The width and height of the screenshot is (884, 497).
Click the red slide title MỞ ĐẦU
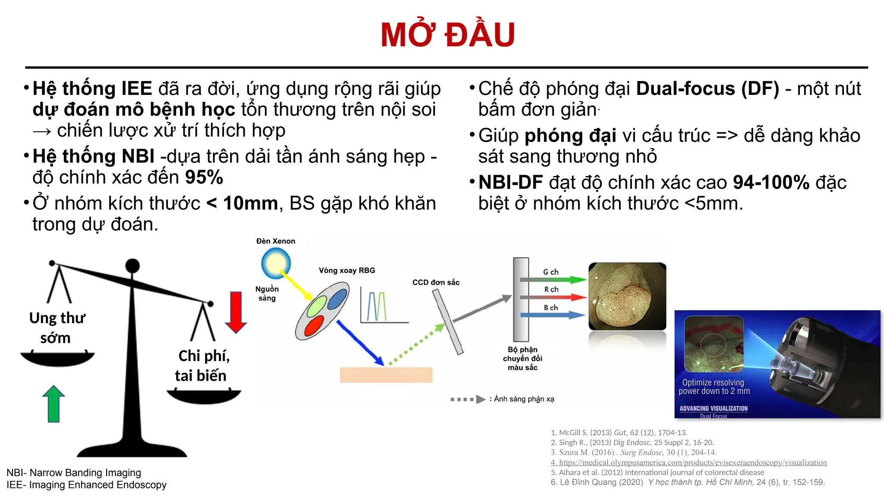click(x=448, y=35)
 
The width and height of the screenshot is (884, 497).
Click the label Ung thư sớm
click(x=57, y=327)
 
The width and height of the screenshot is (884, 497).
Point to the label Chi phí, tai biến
click(x=202, y=365)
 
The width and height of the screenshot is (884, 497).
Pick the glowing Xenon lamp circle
click(x=276, y=264)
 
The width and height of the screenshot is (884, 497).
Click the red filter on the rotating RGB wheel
click(x=314, y=326)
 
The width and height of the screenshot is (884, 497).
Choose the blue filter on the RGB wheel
click(x=337, y=299)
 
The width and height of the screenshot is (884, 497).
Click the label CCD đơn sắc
click(x=436, y=282)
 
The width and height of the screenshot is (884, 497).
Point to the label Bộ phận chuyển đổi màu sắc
click(x=522, y=359)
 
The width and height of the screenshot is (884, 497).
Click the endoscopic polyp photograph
click(x=627, y=296)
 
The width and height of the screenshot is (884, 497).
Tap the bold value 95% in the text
click(x=204, y=177)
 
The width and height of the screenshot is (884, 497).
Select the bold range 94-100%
click(x=771, y=182)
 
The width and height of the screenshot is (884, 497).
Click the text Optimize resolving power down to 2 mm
click(x=714, y=387)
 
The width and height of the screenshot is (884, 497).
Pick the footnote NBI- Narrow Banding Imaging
click(x=74, y=473)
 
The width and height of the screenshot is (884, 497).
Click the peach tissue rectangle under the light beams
click(x=386, y=375)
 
